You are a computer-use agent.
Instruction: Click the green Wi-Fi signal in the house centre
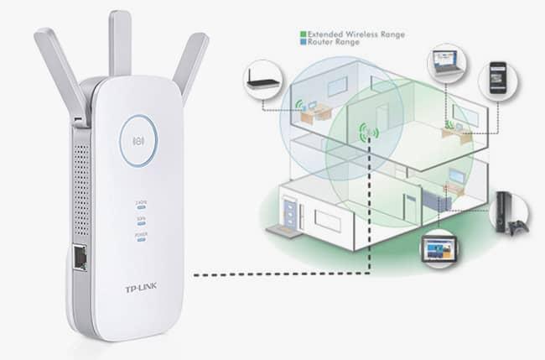(368, 133)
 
